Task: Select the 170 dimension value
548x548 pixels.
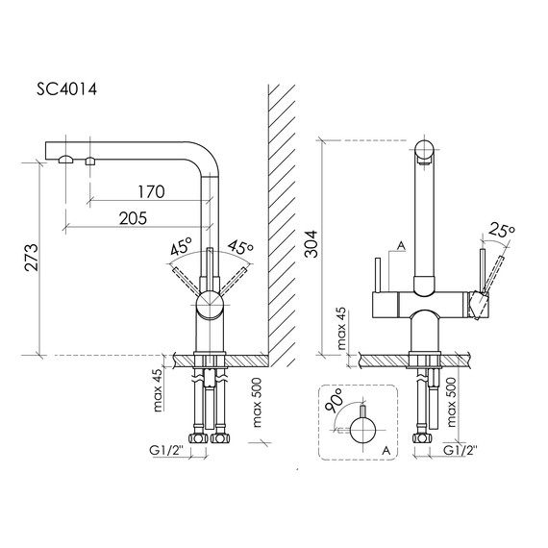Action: coord(150,191)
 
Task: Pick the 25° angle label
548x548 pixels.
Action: coord(500,231)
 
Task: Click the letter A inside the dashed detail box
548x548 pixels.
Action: coord(385,448)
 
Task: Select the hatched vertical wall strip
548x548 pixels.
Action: coord(282,221)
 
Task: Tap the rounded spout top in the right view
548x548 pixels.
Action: coord(424,150)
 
